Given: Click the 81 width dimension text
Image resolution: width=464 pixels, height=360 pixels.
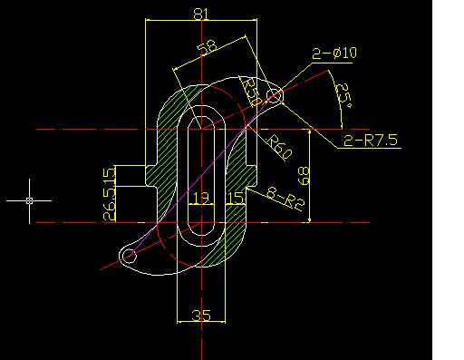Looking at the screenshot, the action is click(x=201, y=14).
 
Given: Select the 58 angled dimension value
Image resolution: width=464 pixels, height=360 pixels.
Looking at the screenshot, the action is click(x=207, y=47).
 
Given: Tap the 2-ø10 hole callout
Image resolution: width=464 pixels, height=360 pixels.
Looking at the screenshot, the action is click(x=334, y=54).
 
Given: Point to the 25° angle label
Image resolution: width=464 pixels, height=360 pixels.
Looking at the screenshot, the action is click(x=343, y=95).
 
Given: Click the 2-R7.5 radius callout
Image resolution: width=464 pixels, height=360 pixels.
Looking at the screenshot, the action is click(x=371, y=141).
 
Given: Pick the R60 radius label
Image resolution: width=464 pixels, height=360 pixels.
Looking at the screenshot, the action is click(x=278, y=147).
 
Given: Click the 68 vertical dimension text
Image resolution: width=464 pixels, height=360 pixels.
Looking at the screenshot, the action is click(x=304, y=176).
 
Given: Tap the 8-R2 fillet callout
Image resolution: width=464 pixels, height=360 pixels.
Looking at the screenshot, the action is click(x=285, y=199).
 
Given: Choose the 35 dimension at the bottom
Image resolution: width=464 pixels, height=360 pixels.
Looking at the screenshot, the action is click(x=201, y=316).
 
